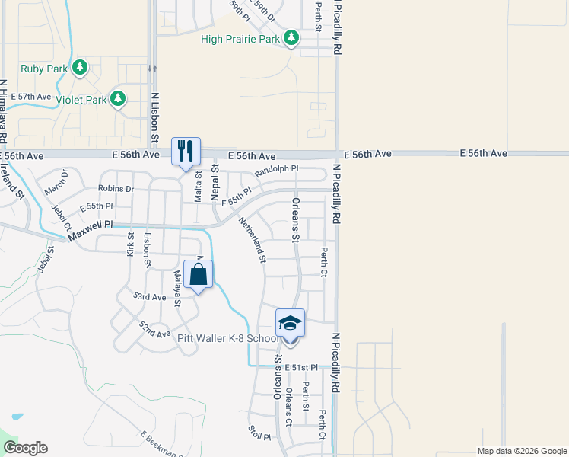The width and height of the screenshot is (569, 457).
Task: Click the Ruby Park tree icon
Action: (80, 68)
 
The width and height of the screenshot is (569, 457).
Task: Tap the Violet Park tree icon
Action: (117, 98)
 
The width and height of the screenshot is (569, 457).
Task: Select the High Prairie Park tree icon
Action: (291, 37)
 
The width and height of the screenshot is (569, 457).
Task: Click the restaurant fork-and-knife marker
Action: (186, 152)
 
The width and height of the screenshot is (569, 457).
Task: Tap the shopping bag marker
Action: (199, 274)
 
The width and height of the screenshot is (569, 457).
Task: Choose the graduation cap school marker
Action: (289, 324)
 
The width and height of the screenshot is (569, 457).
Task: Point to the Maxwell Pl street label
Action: (90, 232)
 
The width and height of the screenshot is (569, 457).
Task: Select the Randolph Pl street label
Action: (276, 171)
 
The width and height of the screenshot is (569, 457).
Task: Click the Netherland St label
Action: (251, 240)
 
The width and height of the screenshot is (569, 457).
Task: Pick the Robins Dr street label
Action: (116, 188)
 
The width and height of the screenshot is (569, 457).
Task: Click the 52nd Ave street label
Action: (154, 329)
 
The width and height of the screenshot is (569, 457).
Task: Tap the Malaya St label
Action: (176, 288)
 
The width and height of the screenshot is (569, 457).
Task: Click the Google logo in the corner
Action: (25, 448)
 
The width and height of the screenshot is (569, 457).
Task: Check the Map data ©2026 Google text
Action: (522, 451)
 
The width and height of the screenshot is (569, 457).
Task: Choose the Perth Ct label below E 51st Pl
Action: (323, 425)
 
